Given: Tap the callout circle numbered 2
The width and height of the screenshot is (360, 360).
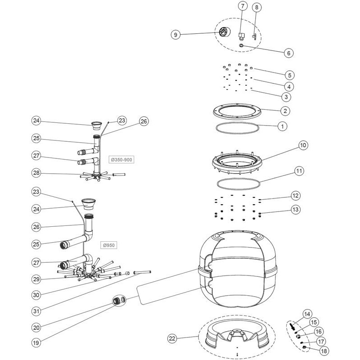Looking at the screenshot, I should click(285, 110).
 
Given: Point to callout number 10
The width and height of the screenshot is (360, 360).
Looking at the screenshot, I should click(303, 145).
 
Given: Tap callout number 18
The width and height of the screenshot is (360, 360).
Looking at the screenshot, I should click(323, 350).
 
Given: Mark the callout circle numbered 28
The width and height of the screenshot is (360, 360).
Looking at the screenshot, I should click(38, 173).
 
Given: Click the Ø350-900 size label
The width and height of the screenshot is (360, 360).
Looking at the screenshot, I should click(122, 159).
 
